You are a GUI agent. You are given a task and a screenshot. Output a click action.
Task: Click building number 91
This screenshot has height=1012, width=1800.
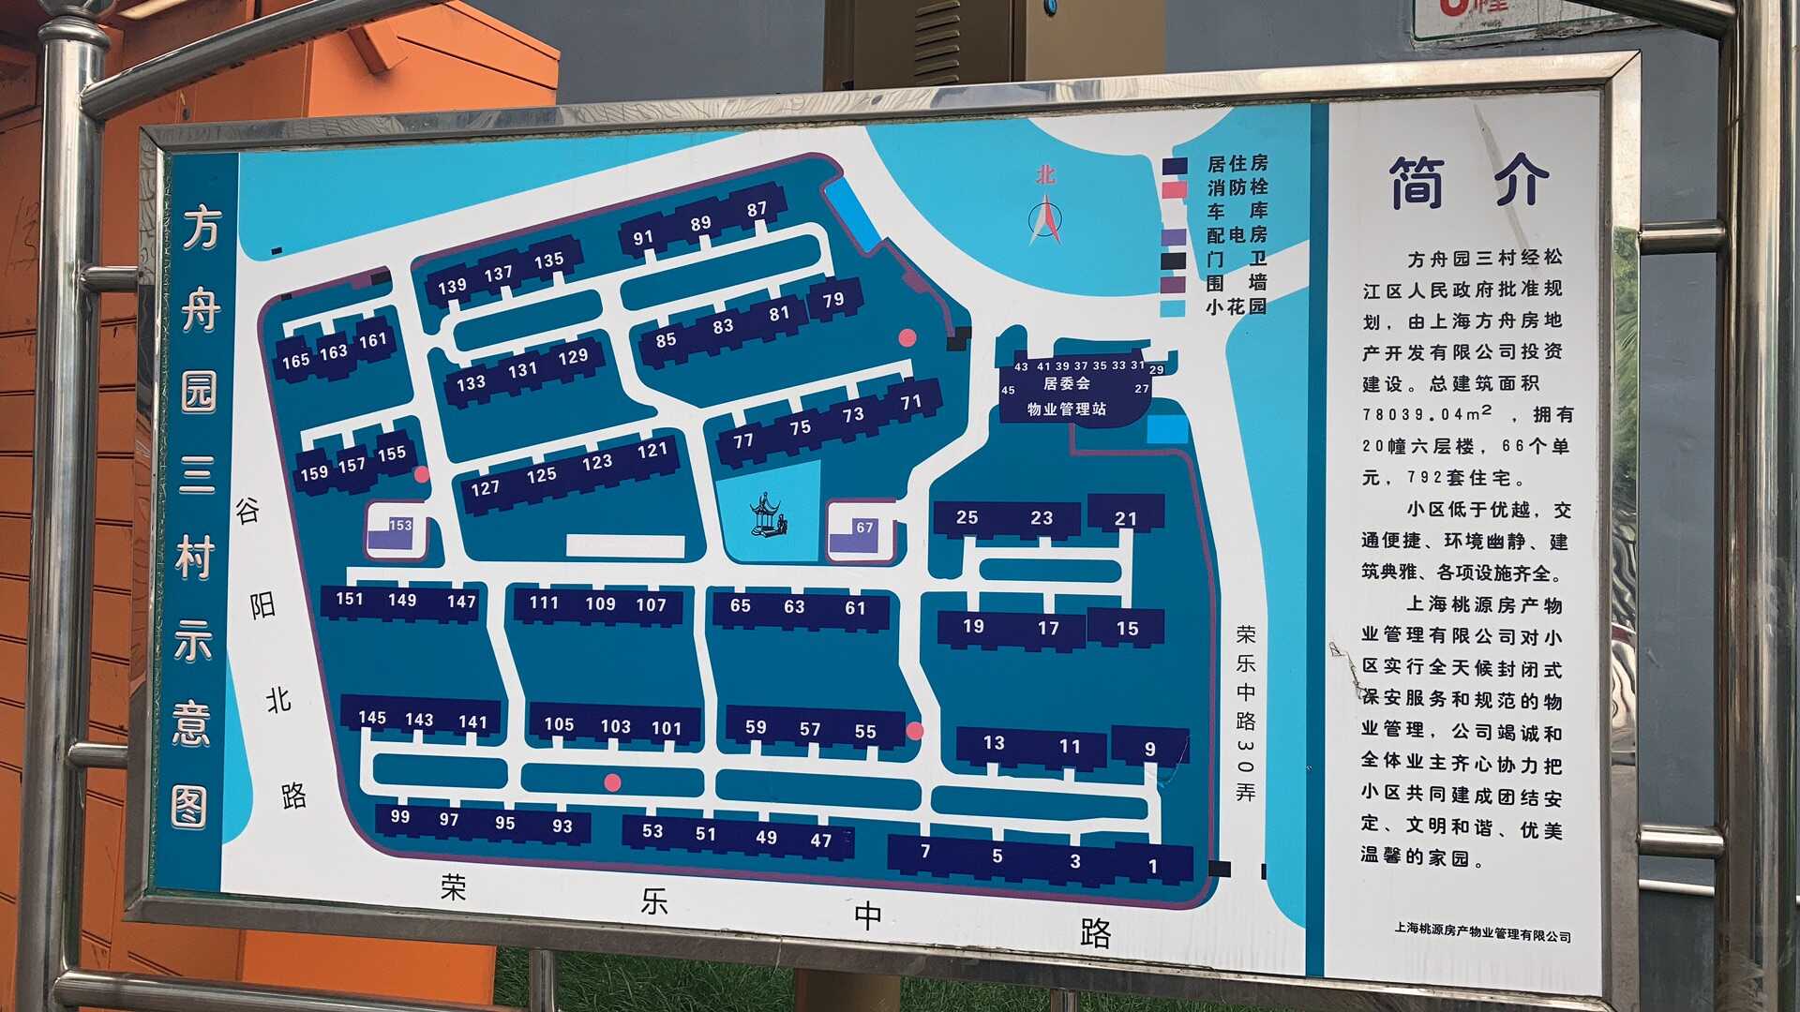click(642, 238)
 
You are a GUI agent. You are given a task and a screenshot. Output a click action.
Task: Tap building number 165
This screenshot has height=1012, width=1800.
click(295, 360)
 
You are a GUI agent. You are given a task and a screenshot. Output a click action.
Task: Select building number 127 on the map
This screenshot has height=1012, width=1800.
click(485, 488)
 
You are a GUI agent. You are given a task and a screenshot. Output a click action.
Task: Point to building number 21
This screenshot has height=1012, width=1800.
click(1126, 518)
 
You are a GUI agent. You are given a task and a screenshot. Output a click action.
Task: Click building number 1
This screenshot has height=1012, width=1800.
click(1153, 867)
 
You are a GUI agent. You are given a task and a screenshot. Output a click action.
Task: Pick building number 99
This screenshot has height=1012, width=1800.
click(400, 816)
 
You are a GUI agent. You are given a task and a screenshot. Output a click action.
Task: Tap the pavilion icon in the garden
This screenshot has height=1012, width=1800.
click(768, 515)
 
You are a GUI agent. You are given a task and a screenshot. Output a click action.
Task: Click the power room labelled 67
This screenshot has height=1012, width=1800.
click(859, 534)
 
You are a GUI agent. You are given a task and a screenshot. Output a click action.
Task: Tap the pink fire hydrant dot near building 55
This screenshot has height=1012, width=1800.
click(915, 730)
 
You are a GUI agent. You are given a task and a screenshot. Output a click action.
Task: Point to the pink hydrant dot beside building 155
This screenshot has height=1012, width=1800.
click(422, 474)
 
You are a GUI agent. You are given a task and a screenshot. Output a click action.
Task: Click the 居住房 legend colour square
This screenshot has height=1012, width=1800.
click(1175, 166)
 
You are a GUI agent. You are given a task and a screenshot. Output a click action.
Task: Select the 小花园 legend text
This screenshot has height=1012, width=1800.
click(1236, 306)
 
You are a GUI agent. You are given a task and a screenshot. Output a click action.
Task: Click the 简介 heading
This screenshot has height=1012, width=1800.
click(1467, 181)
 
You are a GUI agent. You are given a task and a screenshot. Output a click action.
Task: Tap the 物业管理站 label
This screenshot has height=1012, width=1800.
click(1066, 409)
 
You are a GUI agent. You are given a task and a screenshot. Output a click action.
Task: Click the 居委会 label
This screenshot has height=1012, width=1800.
click(1066, 383)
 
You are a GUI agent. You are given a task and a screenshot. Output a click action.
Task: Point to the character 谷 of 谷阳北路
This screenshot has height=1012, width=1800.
click(247, 511)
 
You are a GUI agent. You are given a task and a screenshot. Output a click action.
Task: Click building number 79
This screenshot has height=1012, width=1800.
click(833, 300)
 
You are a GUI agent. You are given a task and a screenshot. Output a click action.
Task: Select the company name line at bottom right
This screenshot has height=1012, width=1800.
click(1482, 933)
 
